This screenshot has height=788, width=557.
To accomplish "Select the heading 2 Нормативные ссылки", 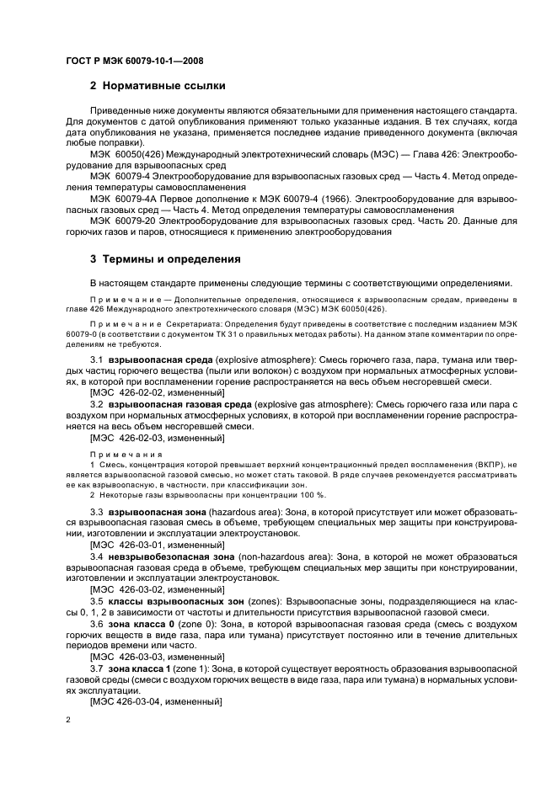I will (157, 86).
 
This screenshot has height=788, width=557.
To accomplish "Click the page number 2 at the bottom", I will (68, 721).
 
